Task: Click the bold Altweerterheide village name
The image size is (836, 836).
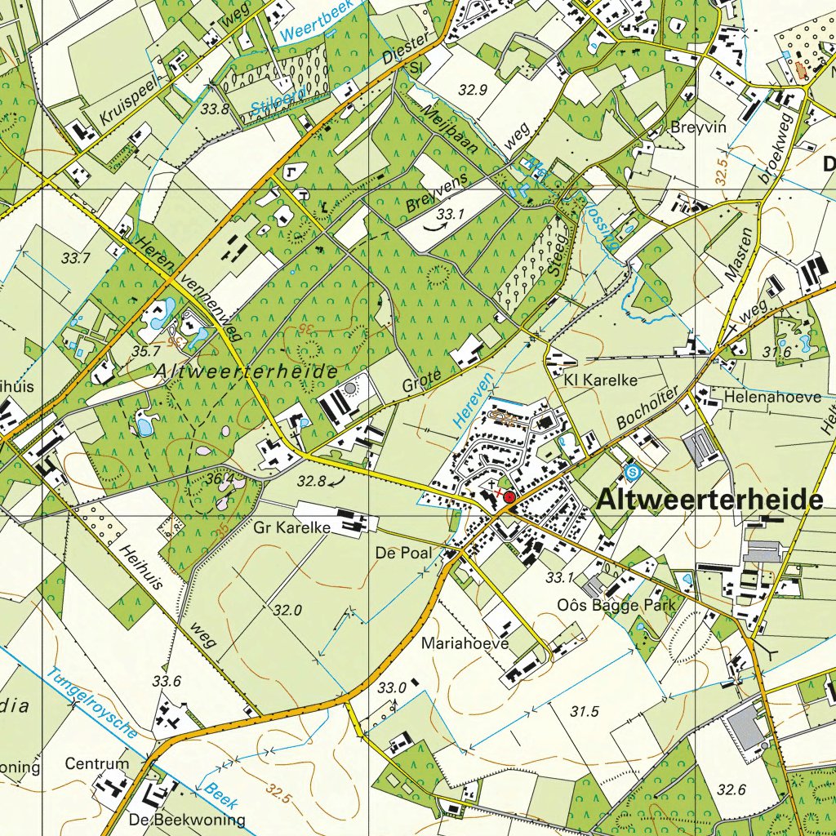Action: (x=709, y=500)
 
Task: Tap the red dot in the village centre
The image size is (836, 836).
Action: (x=509, y=497)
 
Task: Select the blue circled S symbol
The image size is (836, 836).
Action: (x=631, y=472)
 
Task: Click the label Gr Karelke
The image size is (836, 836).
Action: (x=292, y=528)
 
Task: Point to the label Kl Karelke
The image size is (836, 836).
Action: (x=600, y=380)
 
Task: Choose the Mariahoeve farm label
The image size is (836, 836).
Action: (x=465, y=643)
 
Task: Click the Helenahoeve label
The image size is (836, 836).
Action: (x=760, y=398)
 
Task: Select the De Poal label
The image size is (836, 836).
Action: (x=403, y=553)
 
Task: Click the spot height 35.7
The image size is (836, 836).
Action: (x=145, y=351)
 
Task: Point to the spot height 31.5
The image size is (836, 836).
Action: (x=585, y=712)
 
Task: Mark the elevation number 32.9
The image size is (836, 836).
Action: (x=474, y=91)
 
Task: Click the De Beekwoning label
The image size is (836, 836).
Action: (x=186, y=819)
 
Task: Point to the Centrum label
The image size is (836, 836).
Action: (x=97, y=765)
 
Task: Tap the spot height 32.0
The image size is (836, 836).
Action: (x=288, y=610)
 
